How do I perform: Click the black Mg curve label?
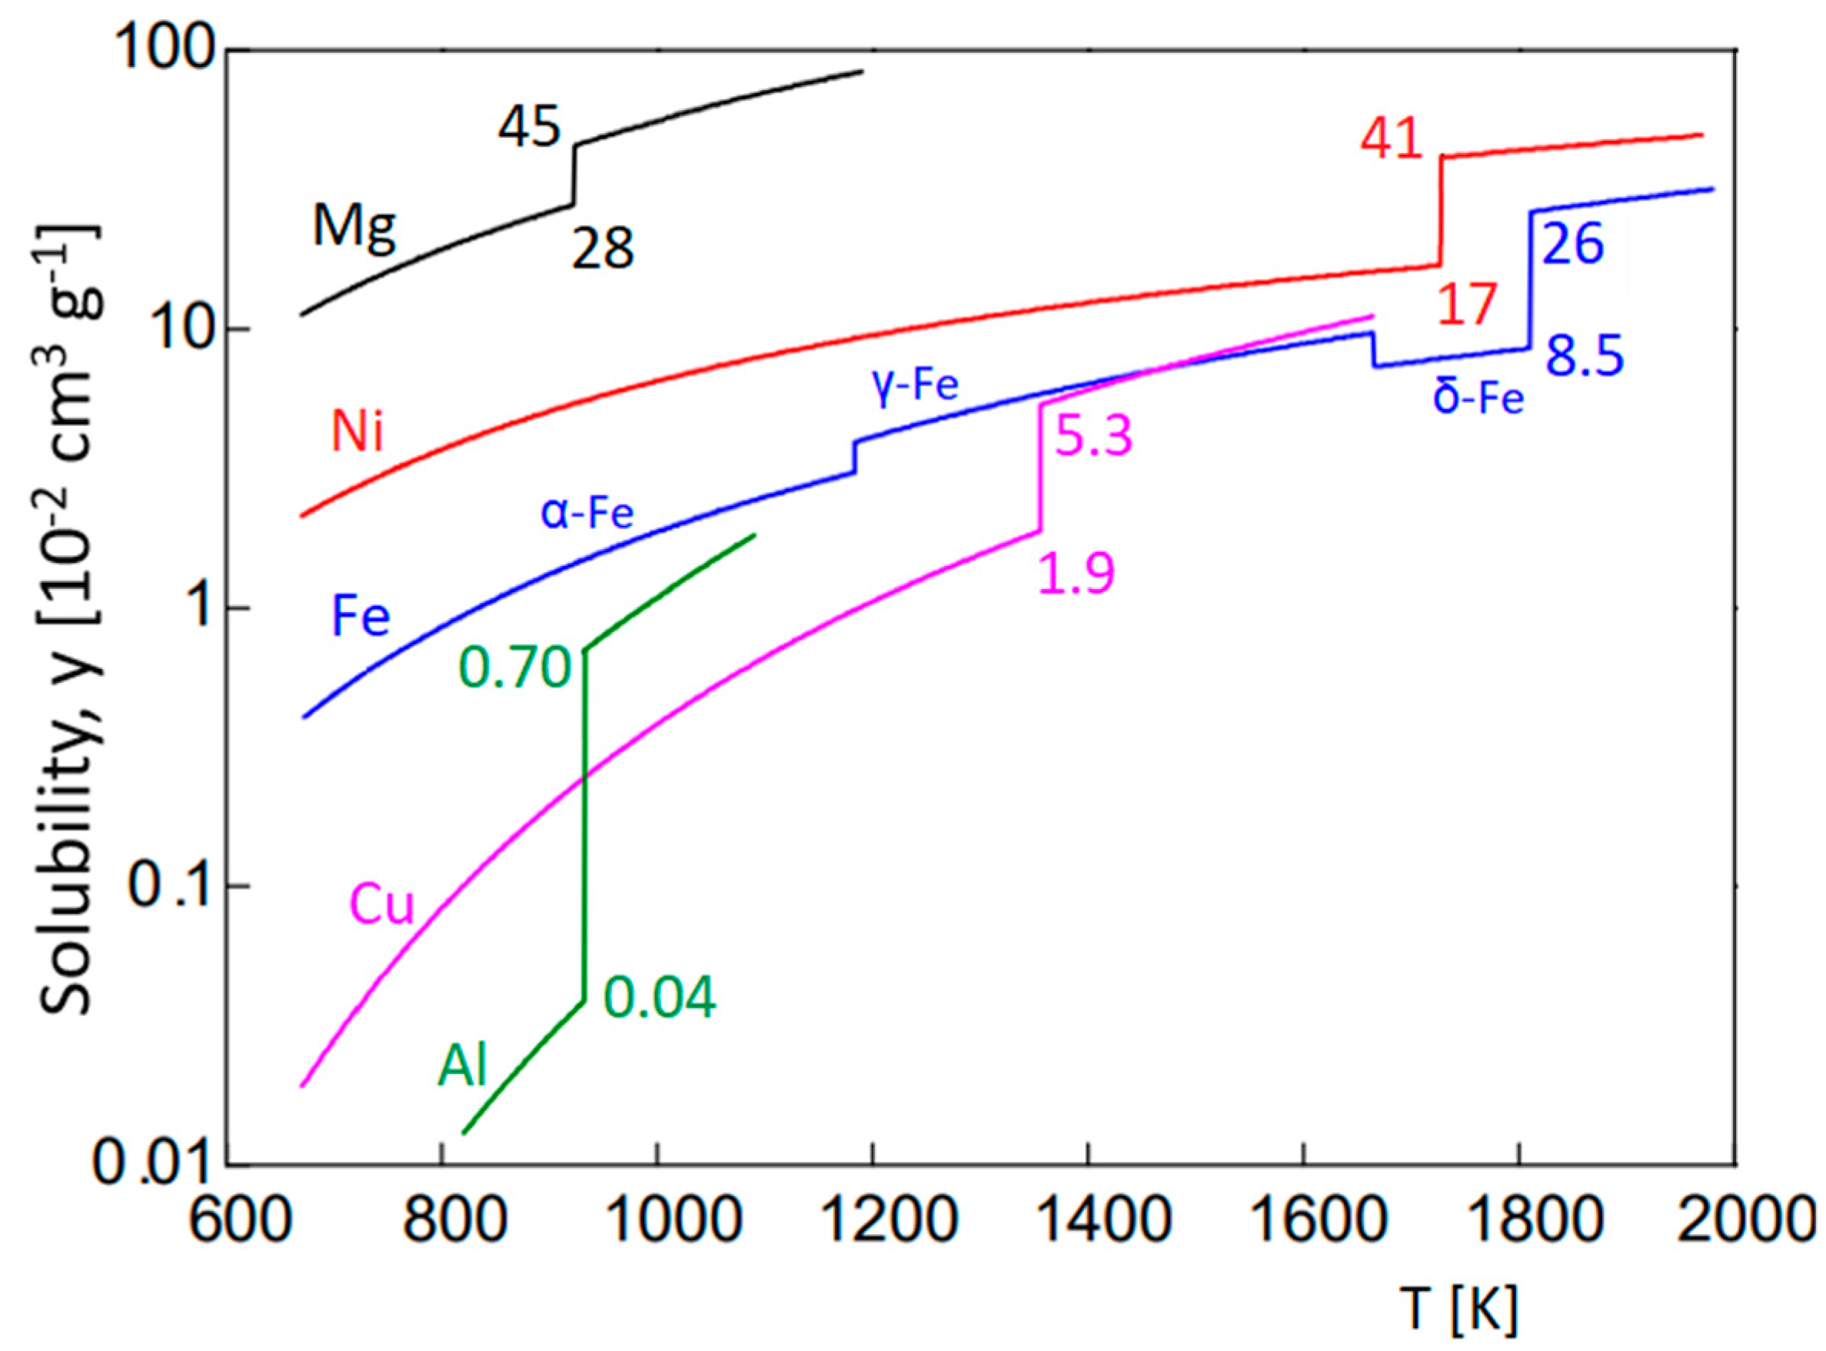(x=355, y=226)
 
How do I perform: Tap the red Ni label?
(x=358, y=432)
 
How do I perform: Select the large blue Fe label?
(x=361, y=617)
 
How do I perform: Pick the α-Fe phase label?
(x=587, y=514)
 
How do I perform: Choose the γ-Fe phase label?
(x=915, y=384)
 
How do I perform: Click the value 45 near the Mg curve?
(x=530, y=128)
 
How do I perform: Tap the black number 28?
(x=603, y=249)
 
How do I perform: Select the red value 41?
(x=1392, y=140)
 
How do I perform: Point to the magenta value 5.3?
(x=1094, y=436)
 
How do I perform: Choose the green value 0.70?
(x=514, y=667)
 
